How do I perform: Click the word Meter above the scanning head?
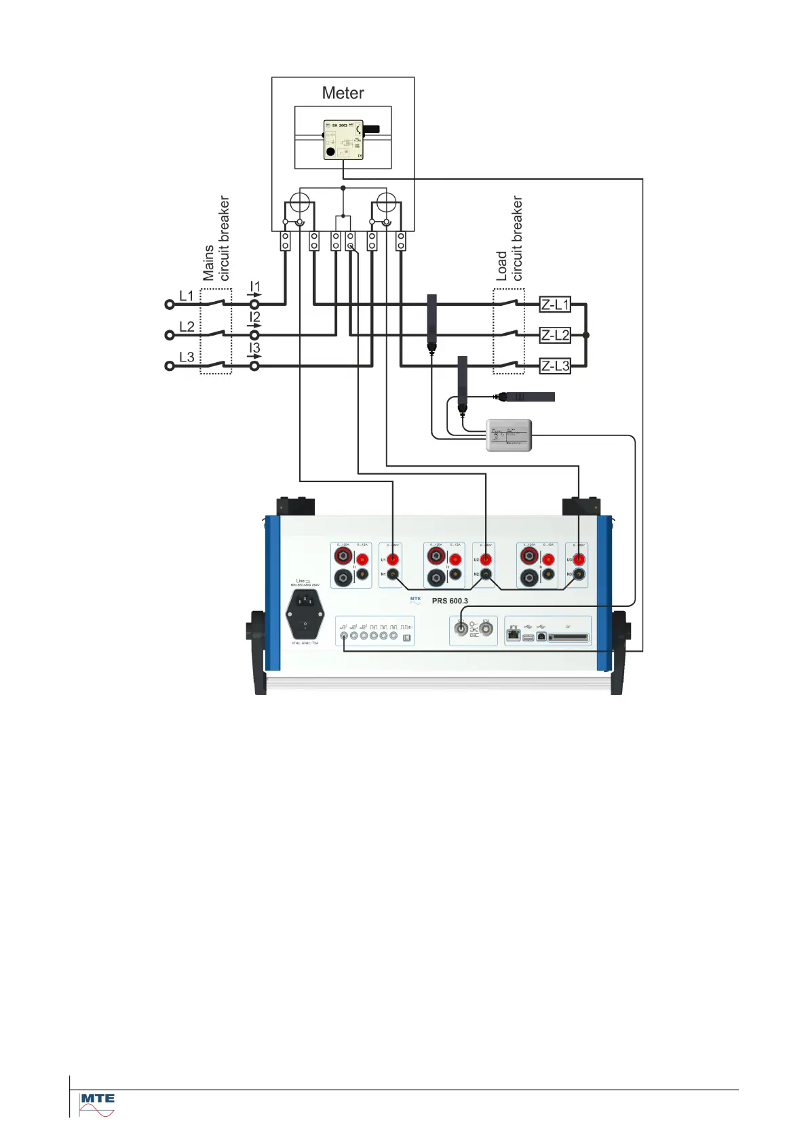(x=343, y=93)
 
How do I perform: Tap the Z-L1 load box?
(x=555, y=304)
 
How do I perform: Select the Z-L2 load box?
(x=555, y=335)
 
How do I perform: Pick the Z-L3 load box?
(x=555, y=366)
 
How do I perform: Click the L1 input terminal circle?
(x=170, y=304)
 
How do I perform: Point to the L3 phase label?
(x=187, y=357)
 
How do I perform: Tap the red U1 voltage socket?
(x=393, y=559)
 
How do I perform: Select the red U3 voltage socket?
(x=579, y=559)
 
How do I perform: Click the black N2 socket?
(x=486, y=574)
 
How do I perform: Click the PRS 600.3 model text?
(x=450, y=601)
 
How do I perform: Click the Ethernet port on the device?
(x=514, y=635)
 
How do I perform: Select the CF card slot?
(x=569, y=637)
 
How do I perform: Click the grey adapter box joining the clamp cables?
(x=509, y=435)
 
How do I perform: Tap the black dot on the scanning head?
(x=330, y=151)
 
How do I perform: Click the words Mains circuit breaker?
(x=216, y=239)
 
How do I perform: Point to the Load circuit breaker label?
(x=509, y=239)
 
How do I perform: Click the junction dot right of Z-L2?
(x=586, y=335)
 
